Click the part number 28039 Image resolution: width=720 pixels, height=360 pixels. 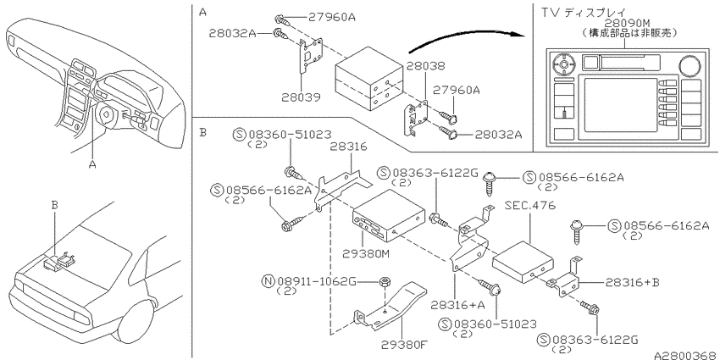tap(302, 97)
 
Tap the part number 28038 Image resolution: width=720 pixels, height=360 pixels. tap(426, 67)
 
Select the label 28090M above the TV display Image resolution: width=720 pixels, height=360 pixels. tap(627, 23)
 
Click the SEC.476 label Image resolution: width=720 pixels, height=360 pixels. tap(530, 205)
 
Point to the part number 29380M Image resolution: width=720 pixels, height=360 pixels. tap(366, 253)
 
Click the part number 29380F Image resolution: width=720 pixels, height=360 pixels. tap(404, 344)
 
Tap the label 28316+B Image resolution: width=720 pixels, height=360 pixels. tap(632, 282)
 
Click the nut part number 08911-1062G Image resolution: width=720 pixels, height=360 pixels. tap(317, 281)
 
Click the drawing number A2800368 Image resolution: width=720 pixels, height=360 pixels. tap(686, 356)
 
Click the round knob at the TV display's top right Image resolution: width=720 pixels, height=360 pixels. tap(688, 64)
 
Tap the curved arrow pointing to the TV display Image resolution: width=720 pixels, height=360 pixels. tap(466, 37)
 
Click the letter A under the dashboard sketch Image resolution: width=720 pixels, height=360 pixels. tap(92, 164)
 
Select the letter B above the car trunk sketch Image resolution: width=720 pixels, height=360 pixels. tap(55, 205)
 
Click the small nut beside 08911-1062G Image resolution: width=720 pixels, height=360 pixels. tap(385, 283)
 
